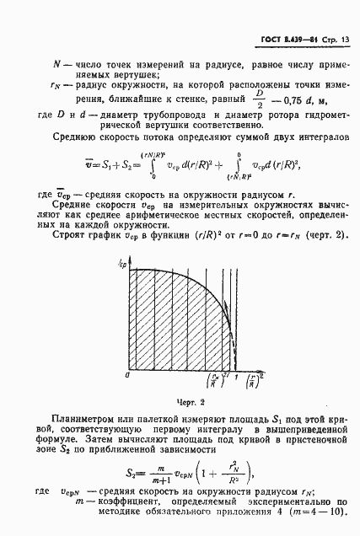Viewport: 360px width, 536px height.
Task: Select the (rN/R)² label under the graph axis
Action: [x=218, y=378]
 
